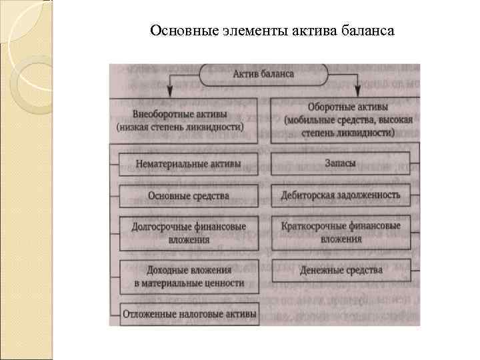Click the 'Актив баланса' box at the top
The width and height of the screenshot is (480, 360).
pyautogui.click(x=264, y=74)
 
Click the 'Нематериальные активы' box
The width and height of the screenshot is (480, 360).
pyautogui.click(x=189, y=162)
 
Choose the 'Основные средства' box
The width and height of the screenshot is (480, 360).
pyautogui.click(x=189, y=195)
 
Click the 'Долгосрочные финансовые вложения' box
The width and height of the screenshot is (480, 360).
pyautogui.click(x=189, y=233)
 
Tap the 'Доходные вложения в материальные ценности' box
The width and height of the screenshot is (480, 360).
pyautogui.click(x=189, y=276)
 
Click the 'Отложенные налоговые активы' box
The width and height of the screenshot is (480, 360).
pyautogui.click(x=189, y=313)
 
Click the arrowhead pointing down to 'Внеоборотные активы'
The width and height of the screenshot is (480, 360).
pyautogui.click(x=171, y=90)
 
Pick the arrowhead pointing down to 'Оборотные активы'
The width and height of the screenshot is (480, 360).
pyautogui.click(x=357, y=90)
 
